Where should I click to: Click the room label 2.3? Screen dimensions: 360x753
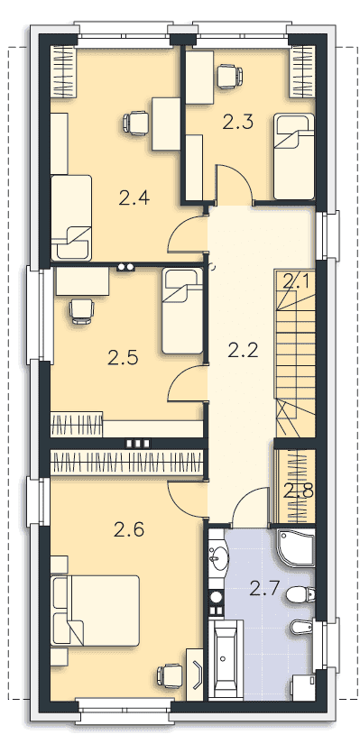(237, 123)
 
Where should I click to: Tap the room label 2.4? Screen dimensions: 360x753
(135, 197)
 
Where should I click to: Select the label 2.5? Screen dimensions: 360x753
(123, 358)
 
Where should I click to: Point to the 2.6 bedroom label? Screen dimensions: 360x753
(129, 530)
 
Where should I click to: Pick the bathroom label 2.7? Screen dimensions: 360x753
(264, 588)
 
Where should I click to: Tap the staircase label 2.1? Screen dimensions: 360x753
(296, 282)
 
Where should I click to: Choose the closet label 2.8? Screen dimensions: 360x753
(299, 491)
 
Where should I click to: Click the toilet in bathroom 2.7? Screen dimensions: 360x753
(300, 595)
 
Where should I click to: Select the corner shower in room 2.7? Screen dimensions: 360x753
(296, 548)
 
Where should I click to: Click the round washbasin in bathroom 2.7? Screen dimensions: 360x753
(219, 557)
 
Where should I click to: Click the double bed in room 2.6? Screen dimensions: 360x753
(95, 611)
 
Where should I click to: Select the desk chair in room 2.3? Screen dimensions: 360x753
(229, 77)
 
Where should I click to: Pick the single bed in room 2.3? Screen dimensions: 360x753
(294, 157)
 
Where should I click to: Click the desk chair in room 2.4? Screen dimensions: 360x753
(136, 123)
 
